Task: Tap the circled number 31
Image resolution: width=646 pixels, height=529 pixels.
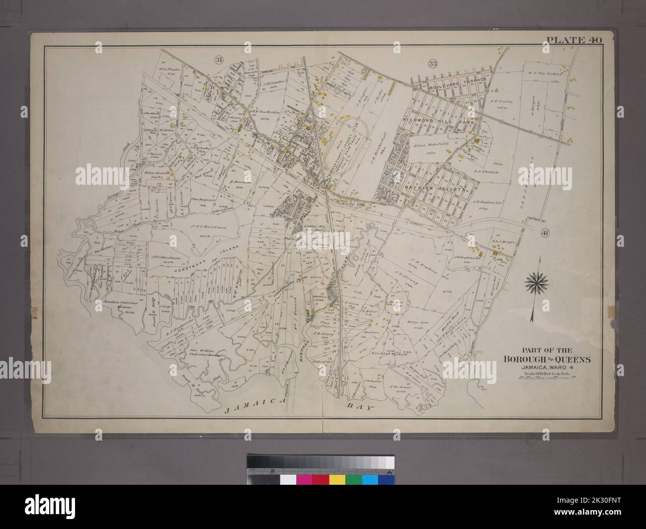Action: [219, 61]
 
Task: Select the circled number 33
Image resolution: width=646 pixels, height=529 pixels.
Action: [432, 63]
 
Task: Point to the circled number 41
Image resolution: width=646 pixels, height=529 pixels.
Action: [544, 232]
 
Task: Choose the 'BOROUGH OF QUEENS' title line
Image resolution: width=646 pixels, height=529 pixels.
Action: [536, 359]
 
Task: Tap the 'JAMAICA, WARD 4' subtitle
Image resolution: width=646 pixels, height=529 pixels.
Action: [536, 368]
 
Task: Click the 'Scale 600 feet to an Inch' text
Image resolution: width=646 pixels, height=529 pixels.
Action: [536, 374]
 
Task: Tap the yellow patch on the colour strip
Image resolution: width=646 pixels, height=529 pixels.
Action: [338, 480]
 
